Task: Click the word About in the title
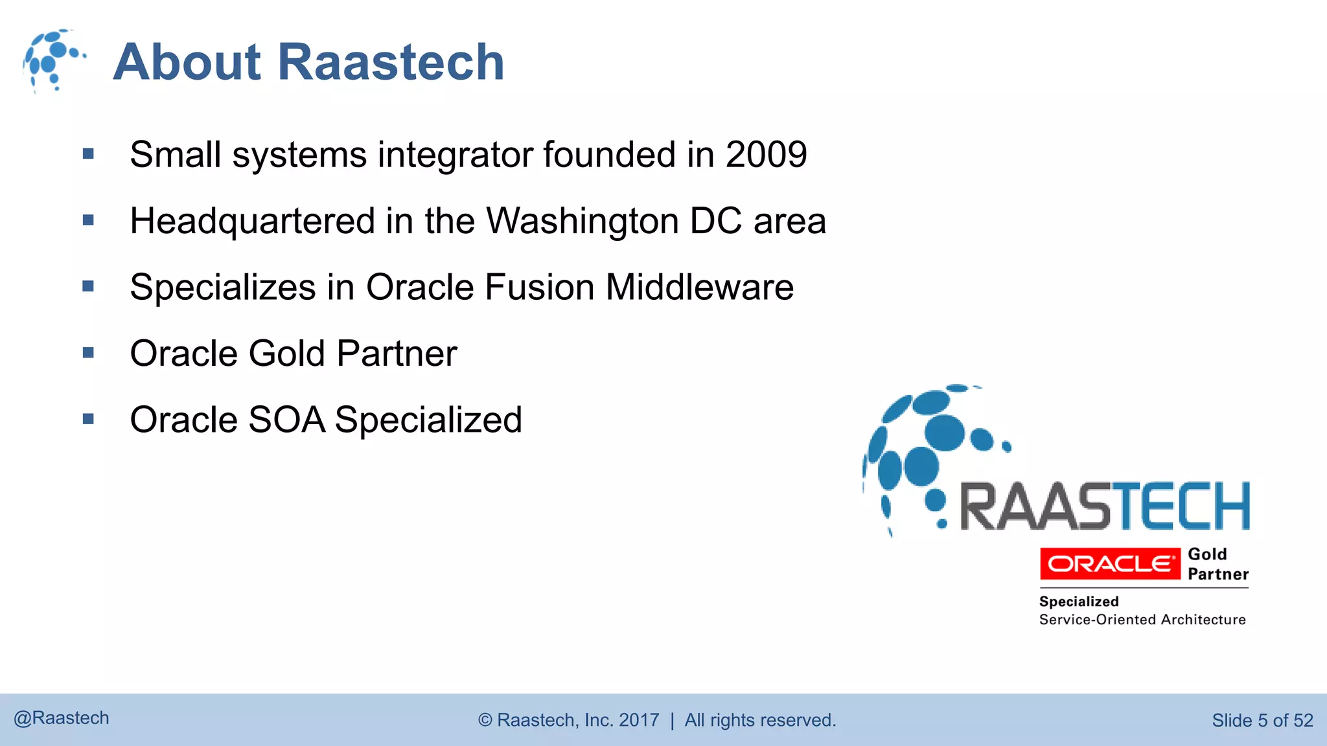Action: (x=187, y=62)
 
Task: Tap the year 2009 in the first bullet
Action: (x=766, y=155)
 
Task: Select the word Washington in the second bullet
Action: (x=582, y=221)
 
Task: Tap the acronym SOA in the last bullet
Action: (x=286, y=420)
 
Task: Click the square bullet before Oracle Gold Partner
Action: (x=89, y=353)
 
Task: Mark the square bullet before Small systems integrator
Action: (x=89, y=154)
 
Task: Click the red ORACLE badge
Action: (x=1110, y=564)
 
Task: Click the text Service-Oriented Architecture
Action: (x=1142, y=620)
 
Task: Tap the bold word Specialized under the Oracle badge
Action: (x=1078, y=602)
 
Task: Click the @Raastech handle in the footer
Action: (x=62, y=718)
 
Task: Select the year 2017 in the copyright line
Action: (x=639, y=720)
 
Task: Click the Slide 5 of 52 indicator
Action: (x=1262, y=720)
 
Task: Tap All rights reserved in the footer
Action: (x=760, y=720)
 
